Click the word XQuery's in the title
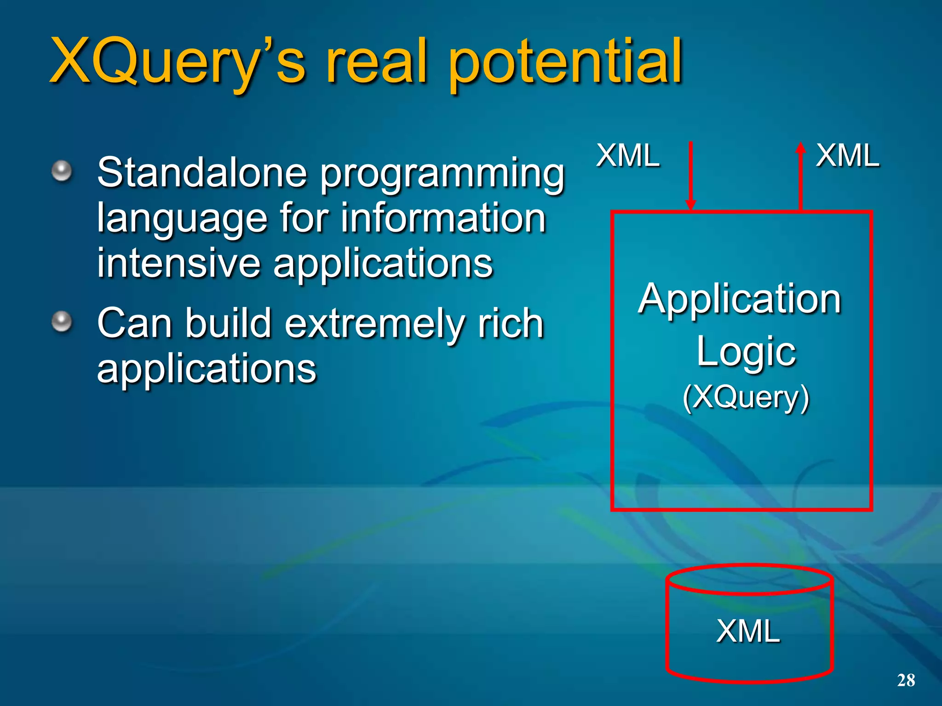click(x=177, y=62)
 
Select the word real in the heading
click(x=377, y=62)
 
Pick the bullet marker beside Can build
click(x=62, y=321)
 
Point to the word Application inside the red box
click(x=740, y=300)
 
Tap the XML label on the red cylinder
click(x=748, y=631)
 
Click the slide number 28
click(x=906, y=680)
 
